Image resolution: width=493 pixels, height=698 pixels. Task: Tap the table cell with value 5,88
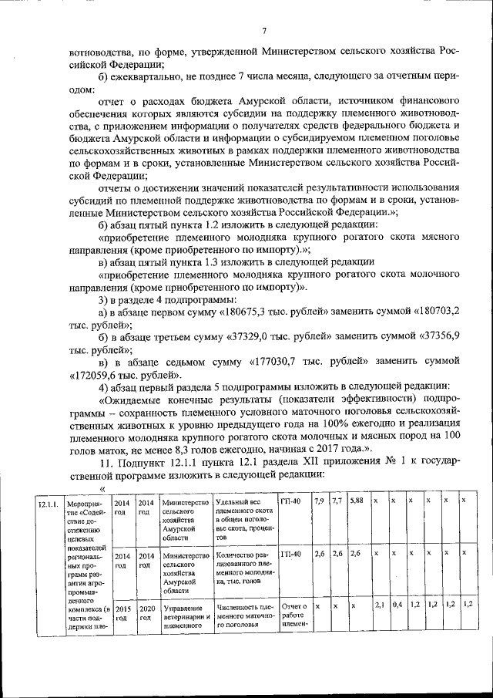[x=356, y=501]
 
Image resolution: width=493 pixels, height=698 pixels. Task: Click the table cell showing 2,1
[x=379, y=606]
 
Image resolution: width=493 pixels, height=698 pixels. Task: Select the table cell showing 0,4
[x=397, y=606]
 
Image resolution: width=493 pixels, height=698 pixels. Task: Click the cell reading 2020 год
[x=146, y=612]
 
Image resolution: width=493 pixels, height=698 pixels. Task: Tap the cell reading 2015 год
[x=122, y=612]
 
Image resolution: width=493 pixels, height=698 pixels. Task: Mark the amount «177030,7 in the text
[x=283, y=361]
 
